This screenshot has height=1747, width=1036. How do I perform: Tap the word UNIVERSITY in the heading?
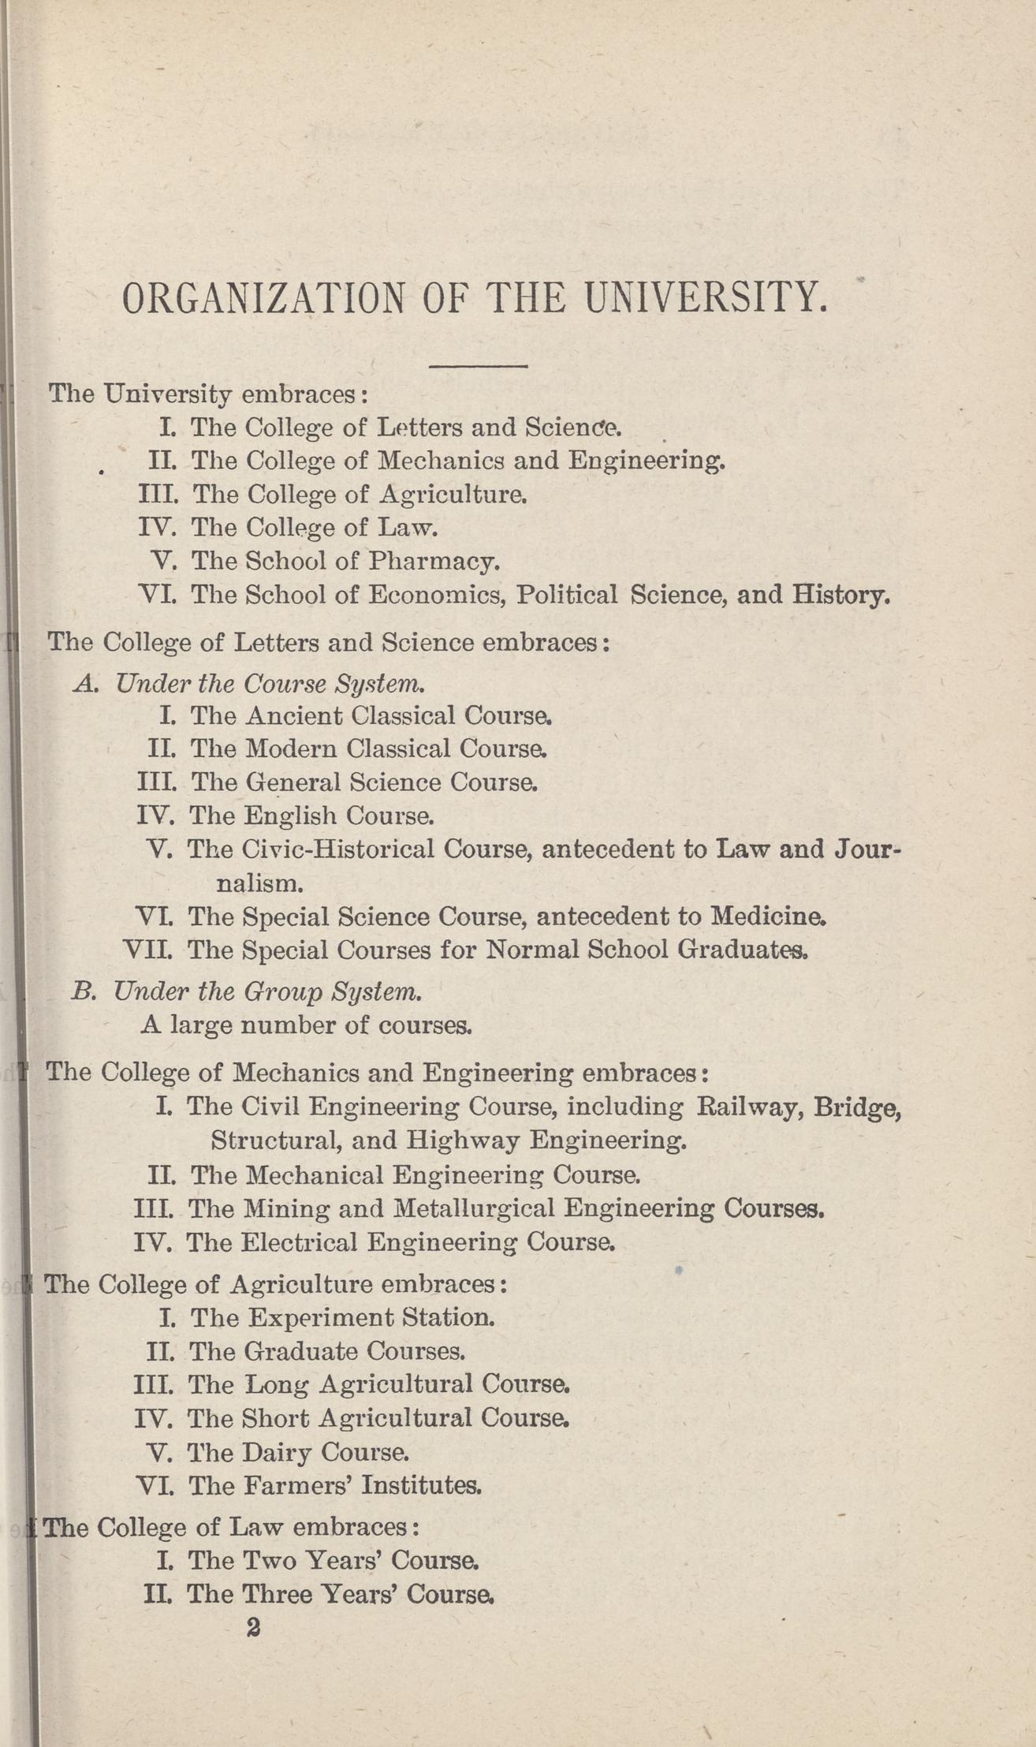[704, 299]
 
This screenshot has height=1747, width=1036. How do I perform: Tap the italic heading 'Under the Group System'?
[267, 991]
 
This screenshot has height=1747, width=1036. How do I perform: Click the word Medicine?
[768, 916]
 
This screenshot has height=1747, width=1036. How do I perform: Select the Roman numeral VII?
[148, 950]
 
